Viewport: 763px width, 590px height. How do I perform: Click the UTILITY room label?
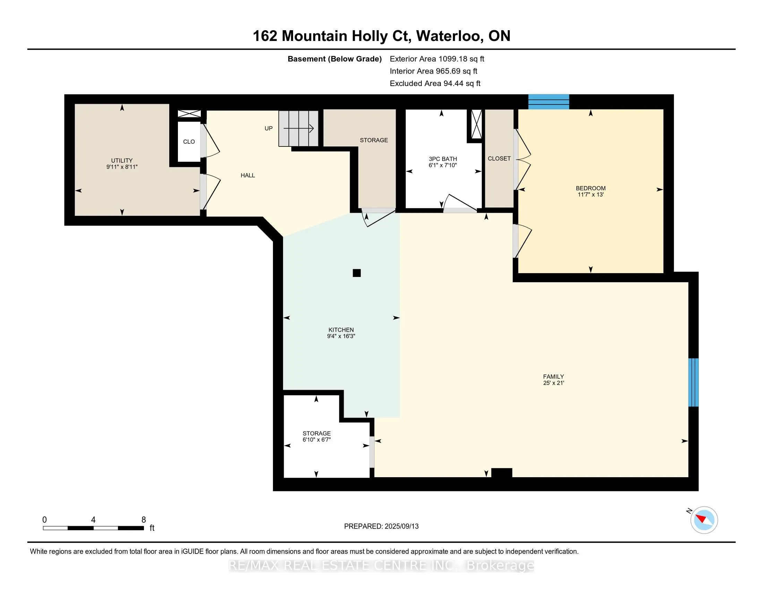coord(122,160)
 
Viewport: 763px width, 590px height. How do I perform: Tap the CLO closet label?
coord(189,142)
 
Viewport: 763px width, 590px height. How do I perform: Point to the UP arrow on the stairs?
coord(299,129)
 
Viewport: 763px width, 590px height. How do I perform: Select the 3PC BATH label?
coord(443,159)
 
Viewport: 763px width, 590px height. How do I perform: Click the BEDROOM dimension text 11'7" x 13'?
coord(590,195)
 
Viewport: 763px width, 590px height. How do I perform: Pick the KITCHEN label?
coord(341,330)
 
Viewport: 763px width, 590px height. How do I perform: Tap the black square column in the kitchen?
coord(357,273)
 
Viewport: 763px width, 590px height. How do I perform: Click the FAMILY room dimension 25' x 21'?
coord(554,383)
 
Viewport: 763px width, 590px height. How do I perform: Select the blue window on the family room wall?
coord(694,382)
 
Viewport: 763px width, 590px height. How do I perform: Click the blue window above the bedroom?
coord(549,102)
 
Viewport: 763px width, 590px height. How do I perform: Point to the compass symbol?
coord(704,520)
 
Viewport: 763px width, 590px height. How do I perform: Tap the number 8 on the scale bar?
coord(144,520)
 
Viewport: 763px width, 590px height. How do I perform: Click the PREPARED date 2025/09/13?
coord(401,526)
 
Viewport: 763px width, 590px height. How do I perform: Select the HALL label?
coord(248,176)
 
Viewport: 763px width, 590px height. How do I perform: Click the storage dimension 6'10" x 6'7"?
coord(317,440)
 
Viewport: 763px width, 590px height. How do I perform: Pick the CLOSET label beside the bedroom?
coord(499,159)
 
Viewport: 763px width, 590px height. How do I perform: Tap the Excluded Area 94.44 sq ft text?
coord(435,84)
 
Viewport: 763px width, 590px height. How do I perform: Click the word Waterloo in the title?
coord(450,36)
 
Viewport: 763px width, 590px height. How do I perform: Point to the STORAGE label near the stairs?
coord(374,140)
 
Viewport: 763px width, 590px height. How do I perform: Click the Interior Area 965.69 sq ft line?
coord(434,71)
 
